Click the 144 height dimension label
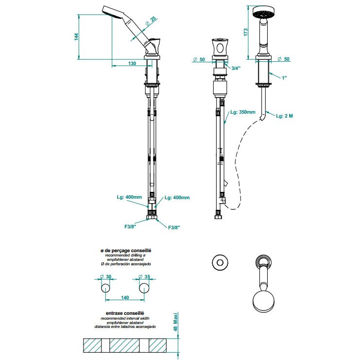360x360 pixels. pyautogui.click(x=76, y=37)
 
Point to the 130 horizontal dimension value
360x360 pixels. pyautogui.click(x=132, y=63)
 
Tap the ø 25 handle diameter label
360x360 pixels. pyautogui.click(x=151, y=21)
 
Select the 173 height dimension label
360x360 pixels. pyautogui.click(x=246, y=32)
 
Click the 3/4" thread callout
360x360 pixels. pyautogui.click(x=236, y=68)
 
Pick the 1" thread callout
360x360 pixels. pyautogui.click(x=284, y=78)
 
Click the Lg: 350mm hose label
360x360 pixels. pyautogui.click(x=243, y=112)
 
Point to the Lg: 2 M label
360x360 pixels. pyautogui.click(x=285, y=116)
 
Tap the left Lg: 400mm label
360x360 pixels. pyautogui.click(x=129, y=197)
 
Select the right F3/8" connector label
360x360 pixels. pyautogui.click(x=174, y=227)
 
